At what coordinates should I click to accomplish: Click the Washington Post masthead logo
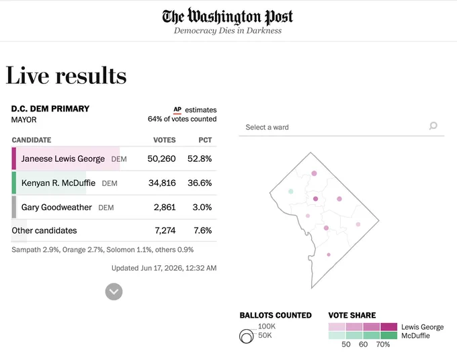point(228,16)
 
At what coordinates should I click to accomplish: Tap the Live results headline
point(66,75)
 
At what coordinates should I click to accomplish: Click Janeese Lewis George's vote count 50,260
point(161,159)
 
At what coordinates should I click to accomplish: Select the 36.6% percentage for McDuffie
point(200,183)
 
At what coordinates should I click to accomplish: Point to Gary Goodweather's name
point(56,208)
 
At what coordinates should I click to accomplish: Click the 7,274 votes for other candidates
point(165,230)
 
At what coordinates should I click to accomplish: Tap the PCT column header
point(205,140)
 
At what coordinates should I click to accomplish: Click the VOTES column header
point(165,140)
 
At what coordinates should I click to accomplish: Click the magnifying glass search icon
point(433,126)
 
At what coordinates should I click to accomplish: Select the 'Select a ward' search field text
point(267,128)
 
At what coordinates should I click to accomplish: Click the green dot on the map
point(290,191)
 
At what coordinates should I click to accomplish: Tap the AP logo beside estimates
point(177,109)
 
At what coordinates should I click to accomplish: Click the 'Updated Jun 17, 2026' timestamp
point(164,268)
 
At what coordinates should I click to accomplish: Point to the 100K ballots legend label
point(267,326)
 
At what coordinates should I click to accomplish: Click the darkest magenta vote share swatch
point(389,327)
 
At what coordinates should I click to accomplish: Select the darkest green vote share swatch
point(389,335)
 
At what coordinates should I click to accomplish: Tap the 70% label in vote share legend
point(383,345)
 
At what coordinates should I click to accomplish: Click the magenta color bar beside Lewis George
point(13,159)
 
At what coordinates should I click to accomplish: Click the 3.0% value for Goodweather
point(202,208)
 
